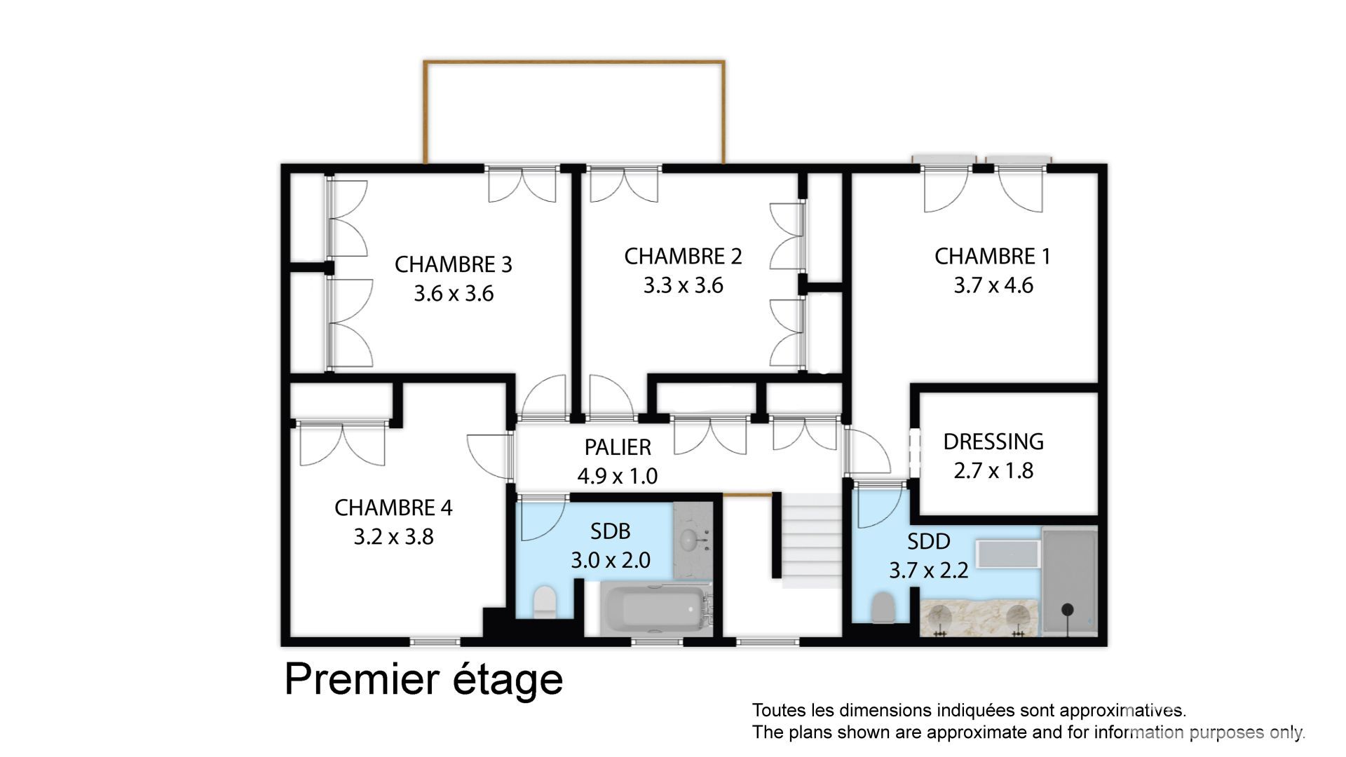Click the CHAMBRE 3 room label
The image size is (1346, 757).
[453, 264]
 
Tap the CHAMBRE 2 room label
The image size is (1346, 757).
[683, 257]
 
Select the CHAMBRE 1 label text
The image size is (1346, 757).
[993, 257]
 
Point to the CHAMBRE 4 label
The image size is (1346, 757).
[393, 507]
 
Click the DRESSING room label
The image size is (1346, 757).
[993, 442]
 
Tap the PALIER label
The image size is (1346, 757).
[618, 447]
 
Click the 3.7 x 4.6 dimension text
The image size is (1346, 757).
[993, 285]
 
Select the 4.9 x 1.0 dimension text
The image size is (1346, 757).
[618, 476]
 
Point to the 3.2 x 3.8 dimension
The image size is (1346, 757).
[393, 537]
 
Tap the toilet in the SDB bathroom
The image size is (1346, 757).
[545, 603]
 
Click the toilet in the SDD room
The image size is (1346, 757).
[883, 608]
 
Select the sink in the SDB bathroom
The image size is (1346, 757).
[691, 540]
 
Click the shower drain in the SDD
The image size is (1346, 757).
[1067, 609]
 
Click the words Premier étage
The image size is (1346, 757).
[423, 679]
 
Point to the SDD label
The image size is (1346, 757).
[928, 541]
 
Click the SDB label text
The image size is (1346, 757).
[610, 531]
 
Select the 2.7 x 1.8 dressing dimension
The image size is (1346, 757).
[993, 470]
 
